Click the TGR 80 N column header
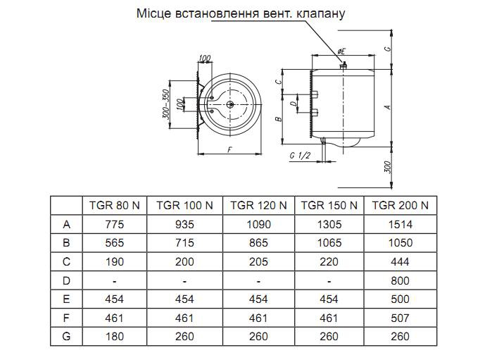[115, 206]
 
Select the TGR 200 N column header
[400, 206]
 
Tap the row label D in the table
[66, 280]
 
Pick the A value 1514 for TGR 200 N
[400, 224]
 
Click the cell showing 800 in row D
[400, 280]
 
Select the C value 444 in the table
[400, 261]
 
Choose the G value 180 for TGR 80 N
[115, 337]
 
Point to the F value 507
[400, 318]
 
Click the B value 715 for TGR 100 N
[184, 243]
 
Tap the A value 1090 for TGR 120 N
[258, 224]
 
